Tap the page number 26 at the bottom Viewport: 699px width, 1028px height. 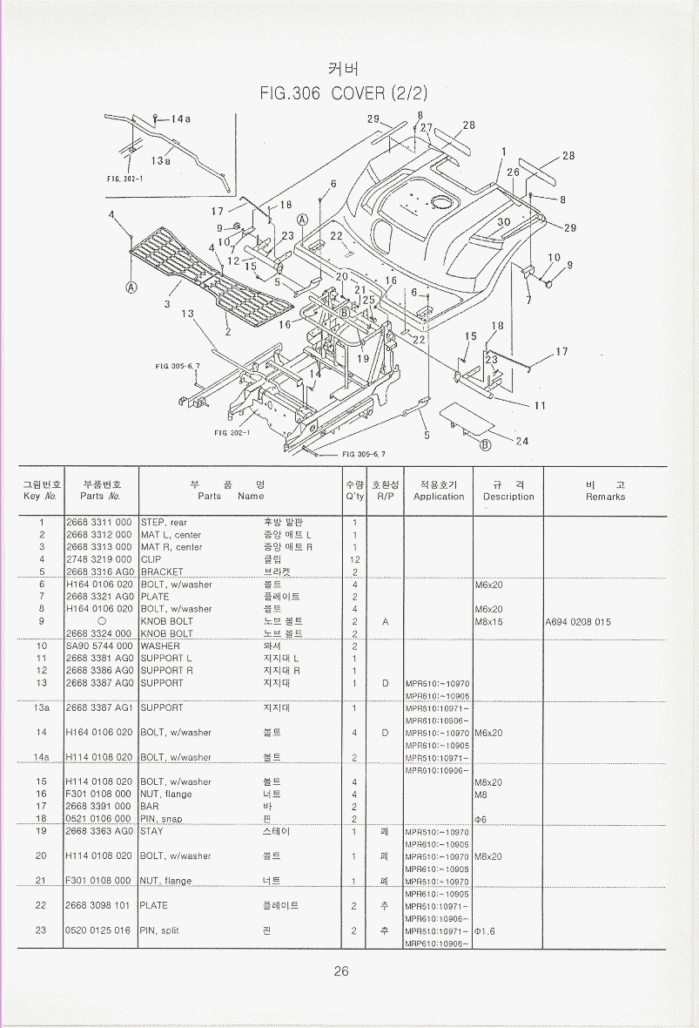coord(341,971)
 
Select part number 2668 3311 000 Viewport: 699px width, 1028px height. coord(98,523)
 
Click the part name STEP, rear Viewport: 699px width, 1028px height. coord(164,523)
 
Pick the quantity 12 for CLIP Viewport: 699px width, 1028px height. coord(354,559)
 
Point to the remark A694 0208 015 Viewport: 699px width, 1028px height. coord(578,622)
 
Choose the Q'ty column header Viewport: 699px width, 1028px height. coord(354,490)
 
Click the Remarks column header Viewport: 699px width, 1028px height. coord(605,490)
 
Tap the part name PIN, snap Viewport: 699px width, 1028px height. coord(161,819)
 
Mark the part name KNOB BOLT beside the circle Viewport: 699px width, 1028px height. coord(167,621)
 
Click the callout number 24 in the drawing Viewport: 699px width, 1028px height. coord(522,441)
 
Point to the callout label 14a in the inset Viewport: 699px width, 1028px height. coord(179,118)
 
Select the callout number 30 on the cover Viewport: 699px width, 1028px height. coord(504,222)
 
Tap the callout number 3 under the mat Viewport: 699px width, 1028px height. coord(167,304)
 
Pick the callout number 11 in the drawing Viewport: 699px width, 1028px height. coord(540,405)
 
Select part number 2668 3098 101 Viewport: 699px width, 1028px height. coord(98,905)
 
